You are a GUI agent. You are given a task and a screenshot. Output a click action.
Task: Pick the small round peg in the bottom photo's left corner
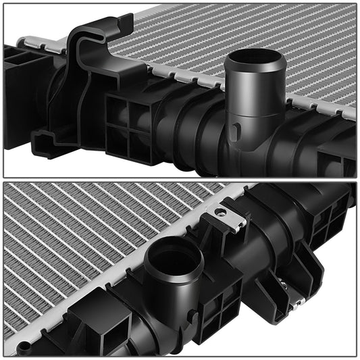click(x=24, y=346)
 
